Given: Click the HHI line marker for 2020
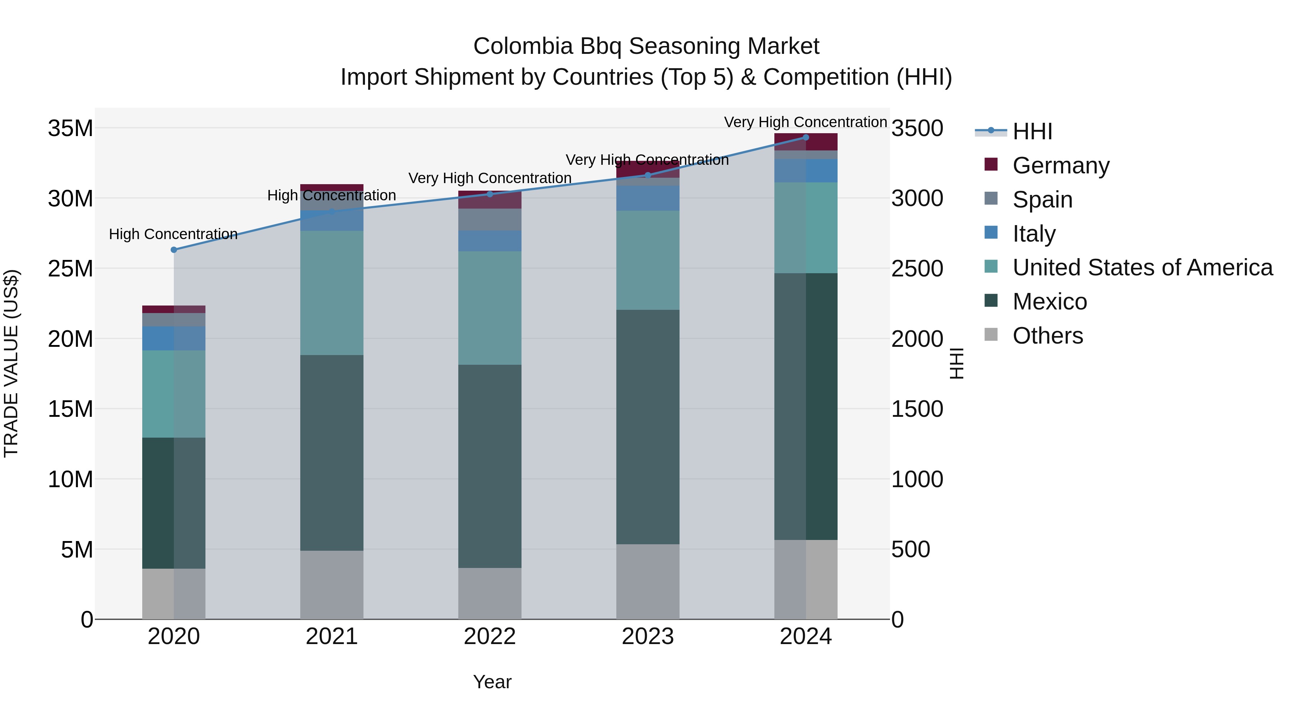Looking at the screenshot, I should [x=174, y=250].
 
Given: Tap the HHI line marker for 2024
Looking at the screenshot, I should [x=806, y=138].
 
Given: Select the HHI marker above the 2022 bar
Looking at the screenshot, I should [x=490, y=194].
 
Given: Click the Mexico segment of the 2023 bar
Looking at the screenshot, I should [x=648, y=427].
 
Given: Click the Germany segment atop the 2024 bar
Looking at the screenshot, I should [x=806, y=142].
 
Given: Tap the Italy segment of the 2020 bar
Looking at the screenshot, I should [x=174, y=339].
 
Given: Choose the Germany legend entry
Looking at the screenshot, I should [x=1061, y=166].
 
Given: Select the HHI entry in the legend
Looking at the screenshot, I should [x=1032, y=131].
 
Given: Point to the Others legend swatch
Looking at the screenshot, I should [x=991, y=335].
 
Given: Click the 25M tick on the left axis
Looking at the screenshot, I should [x=70, y=269].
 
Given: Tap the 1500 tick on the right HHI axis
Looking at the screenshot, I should [x=917, y=409].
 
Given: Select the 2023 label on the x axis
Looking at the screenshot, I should [x=648, y=637].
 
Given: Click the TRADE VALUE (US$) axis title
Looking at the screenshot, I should [x=11, y=363].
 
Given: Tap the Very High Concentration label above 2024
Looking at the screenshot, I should [x=805, y=122].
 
